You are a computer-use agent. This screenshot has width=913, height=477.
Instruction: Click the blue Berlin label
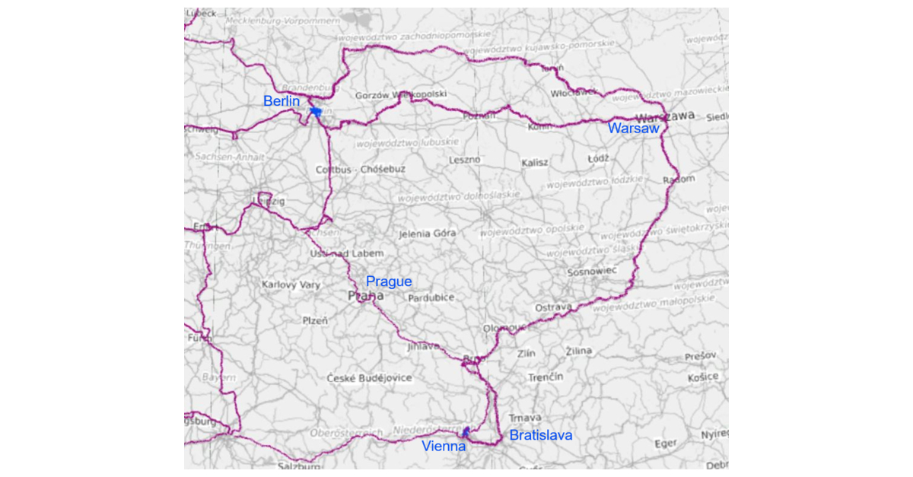281,101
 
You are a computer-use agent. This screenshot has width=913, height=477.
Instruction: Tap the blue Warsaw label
633,129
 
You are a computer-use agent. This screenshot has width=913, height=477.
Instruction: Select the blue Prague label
389,281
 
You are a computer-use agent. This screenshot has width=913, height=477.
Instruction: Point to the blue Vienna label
444,447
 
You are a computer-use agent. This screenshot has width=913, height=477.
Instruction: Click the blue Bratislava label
540,436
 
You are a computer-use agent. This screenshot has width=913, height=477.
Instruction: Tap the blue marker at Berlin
316,112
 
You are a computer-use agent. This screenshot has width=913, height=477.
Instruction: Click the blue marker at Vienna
466,431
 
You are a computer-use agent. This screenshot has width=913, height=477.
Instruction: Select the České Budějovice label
369,378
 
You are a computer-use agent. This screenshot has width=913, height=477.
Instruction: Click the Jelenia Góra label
427,234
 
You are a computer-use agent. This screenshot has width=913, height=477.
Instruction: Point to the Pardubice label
431,298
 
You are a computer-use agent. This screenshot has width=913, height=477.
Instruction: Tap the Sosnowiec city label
591,272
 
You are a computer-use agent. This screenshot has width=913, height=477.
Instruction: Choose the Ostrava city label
553,307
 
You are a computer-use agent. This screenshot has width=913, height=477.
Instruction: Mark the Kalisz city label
535,164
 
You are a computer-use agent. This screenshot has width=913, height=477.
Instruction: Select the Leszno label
464,160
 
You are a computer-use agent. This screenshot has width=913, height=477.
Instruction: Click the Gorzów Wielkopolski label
401,95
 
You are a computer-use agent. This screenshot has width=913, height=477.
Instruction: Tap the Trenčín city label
546,377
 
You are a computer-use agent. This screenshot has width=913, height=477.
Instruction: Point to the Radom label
679,180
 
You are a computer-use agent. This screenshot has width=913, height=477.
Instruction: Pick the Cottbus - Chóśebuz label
361,170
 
